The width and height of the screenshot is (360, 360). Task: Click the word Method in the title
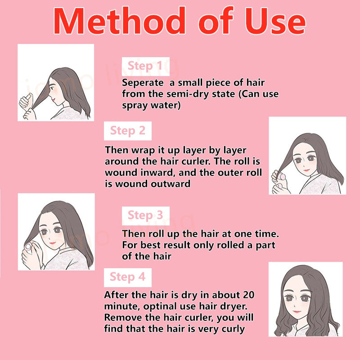click(x=119, y=21)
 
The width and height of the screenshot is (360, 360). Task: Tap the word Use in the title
click(x=275, y=21)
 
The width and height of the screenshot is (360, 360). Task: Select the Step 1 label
click(x=145, y=66)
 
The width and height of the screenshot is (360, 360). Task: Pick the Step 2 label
click(x=128, y=131)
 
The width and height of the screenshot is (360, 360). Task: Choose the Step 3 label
click(x=145, y=216)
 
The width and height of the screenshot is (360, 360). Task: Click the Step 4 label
click(x=128, y=277)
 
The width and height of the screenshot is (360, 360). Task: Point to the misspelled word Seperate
click(x=143, y=83)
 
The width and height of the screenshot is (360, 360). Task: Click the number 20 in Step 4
click(x=248, y=295)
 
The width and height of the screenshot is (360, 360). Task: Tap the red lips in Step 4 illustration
click(x=297, y=311)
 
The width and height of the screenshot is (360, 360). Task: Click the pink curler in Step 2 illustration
click(x=282, y=176)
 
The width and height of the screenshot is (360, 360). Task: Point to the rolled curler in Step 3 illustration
click(x=28, y=246)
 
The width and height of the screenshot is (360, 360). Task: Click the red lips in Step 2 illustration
click(x=307, y=170)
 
